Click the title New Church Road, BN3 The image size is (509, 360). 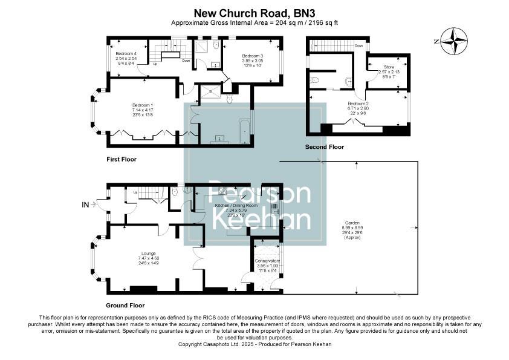point(254,12)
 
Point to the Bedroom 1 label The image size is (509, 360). point(143,105)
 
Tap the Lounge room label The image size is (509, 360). point(149,253)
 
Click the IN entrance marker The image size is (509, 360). point(85,205)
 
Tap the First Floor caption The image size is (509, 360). point(122,160)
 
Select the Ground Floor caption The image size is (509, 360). point(125,306)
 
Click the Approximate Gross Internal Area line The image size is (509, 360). point(254,22)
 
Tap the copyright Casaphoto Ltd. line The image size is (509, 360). point(254,344)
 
